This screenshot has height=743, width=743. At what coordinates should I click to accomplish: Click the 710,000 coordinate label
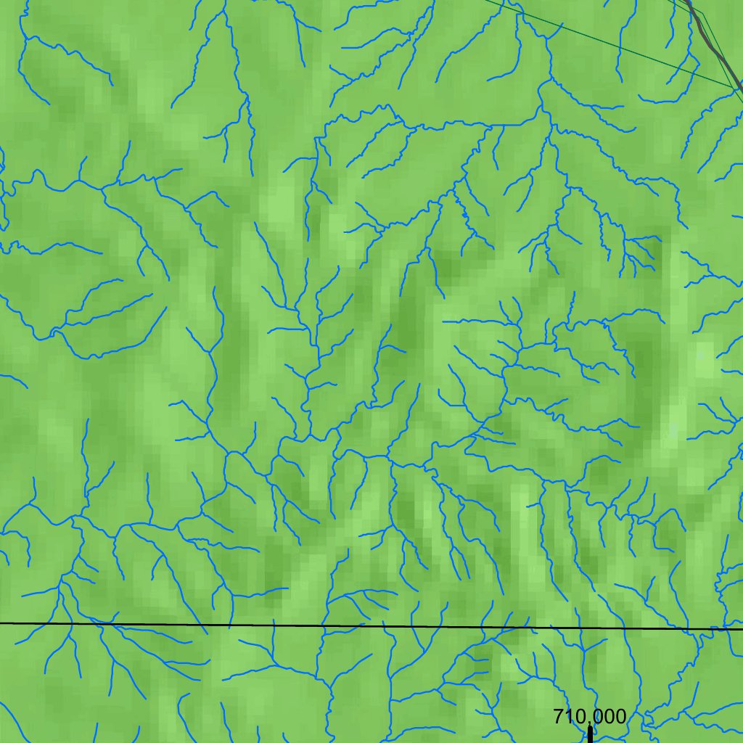[x=589, y=717]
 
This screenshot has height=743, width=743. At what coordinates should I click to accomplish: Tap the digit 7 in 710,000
[x=558, y=717]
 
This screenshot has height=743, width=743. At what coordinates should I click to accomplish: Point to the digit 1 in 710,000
[x=567, y=717]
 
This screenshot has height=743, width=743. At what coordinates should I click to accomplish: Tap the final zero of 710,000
[x=618, y=717]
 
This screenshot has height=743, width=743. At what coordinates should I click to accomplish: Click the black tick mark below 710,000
[x=590, y=734]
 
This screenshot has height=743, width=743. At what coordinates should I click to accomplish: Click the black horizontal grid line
[x=363, y=625]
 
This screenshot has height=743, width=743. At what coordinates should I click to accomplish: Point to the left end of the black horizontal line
[x=1, y=623]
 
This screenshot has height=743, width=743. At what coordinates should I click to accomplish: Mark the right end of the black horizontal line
[x=742, y=628]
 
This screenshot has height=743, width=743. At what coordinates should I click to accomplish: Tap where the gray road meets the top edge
[x=689, y=1]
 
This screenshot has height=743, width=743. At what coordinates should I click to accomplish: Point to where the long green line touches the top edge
[x=485, y=1]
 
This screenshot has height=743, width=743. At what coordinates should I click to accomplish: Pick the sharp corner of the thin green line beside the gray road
[x=702, y=13]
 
